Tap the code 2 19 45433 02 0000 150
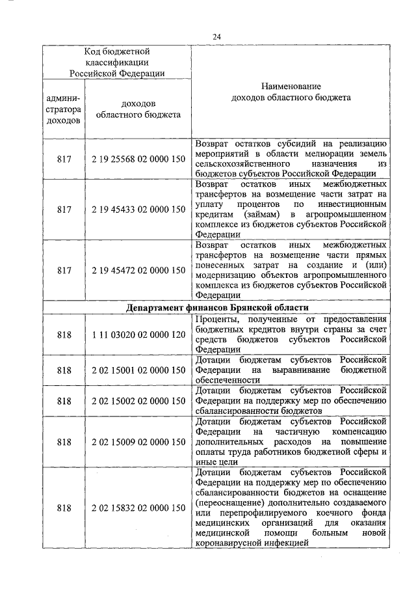point(138,210)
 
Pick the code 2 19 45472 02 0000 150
point(138,269)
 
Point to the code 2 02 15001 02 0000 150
point(138,370)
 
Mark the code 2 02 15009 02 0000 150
point(138,442)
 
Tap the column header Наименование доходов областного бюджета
point(291,92)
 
